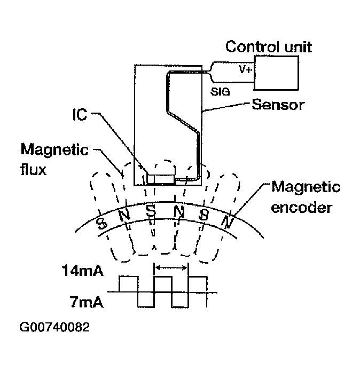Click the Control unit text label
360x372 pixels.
269,47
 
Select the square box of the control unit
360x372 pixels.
276,72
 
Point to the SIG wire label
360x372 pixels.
221,92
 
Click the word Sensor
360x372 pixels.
279,104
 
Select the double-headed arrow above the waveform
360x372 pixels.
171,267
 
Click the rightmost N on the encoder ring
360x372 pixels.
229,220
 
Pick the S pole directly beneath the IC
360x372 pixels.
152,211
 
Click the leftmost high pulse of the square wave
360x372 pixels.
129,284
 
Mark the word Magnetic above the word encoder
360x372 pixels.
306,187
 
